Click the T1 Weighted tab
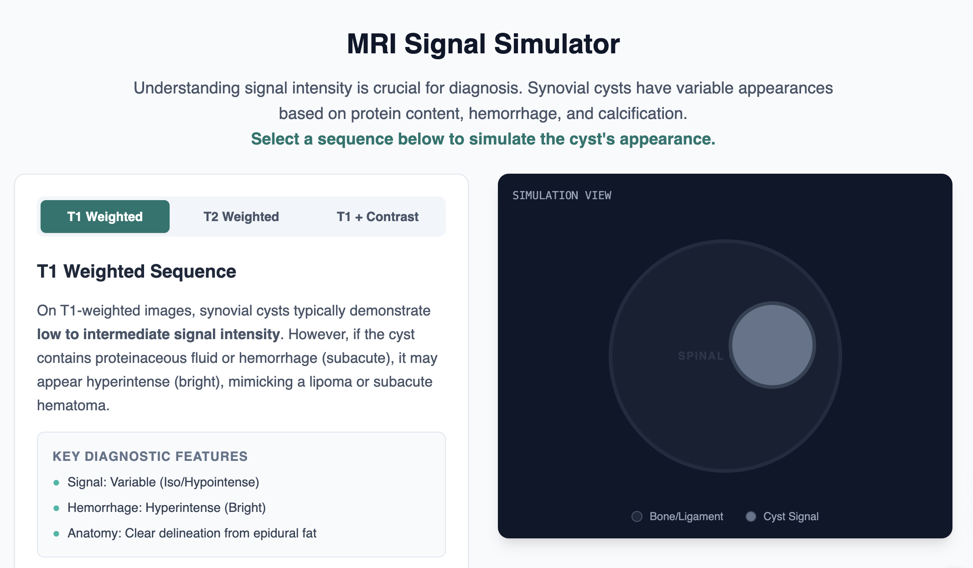point(105,217)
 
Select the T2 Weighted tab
point(241,217)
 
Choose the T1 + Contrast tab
point(378,217)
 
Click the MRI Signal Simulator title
point(483,44)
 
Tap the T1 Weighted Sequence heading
point(136,271)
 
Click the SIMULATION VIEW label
point(562,196)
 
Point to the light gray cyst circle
point(772,345)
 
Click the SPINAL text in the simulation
point(700,356)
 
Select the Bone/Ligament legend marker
point(637,516)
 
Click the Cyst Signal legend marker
point(751,516)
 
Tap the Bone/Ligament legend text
point(686,516)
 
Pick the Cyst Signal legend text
point(791,516)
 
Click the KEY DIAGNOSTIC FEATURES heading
point(150,456)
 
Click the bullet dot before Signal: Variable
point(57,482)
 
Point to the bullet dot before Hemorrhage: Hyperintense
point(57,508)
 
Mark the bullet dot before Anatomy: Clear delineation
point(57,533)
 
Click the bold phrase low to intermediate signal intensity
point(158,334)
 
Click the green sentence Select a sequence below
point(483,139)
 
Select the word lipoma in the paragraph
point(331,382)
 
